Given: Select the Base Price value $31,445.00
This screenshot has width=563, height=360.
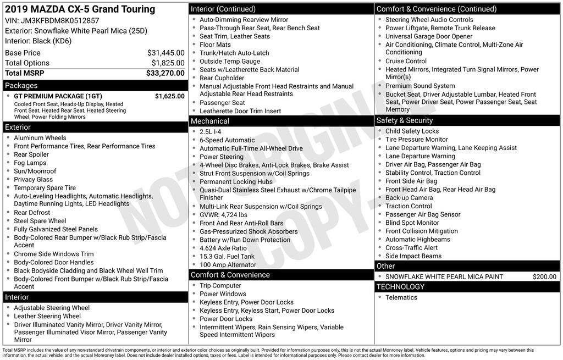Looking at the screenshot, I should click(x=165, y=53).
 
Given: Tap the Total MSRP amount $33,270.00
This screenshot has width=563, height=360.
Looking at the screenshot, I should click(x=165, y=73).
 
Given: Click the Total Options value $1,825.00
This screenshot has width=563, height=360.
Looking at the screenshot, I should click(x=168, y=63).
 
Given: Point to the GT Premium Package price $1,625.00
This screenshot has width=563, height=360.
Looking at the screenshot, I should click(x=169, y=96).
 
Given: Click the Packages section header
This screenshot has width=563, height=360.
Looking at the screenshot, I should click(x=21, y=86).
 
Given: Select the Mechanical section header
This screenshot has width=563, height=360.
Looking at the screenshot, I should click(x=209, y=121).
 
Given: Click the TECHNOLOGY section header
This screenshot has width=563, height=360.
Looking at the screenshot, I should click(x=400, y=286).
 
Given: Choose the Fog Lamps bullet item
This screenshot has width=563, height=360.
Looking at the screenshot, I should click(x=30, y=163).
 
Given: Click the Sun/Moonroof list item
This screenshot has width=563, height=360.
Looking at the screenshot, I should click(x=35, y=171).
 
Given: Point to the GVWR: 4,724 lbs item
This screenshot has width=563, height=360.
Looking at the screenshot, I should click(x=223, y=215).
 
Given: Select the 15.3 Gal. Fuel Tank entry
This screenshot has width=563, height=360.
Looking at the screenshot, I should click(x=227, y=256).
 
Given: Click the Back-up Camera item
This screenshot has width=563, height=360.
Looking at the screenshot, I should click(x=409, y=198).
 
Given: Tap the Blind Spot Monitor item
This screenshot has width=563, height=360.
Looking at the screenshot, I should click(x=412, y=223).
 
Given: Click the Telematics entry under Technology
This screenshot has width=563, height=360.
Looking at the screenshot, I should click(x=401, y=297).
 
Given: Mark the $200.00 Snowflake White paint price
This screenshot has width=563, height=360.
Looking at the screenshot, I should click(x=544, y=276).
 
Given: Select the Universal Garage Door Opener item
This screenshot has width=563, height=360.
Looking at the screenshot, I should click(x=428, y=36).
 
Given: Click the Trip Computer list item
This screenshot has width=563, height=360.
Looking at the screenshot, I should click(x=220, y=286).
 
